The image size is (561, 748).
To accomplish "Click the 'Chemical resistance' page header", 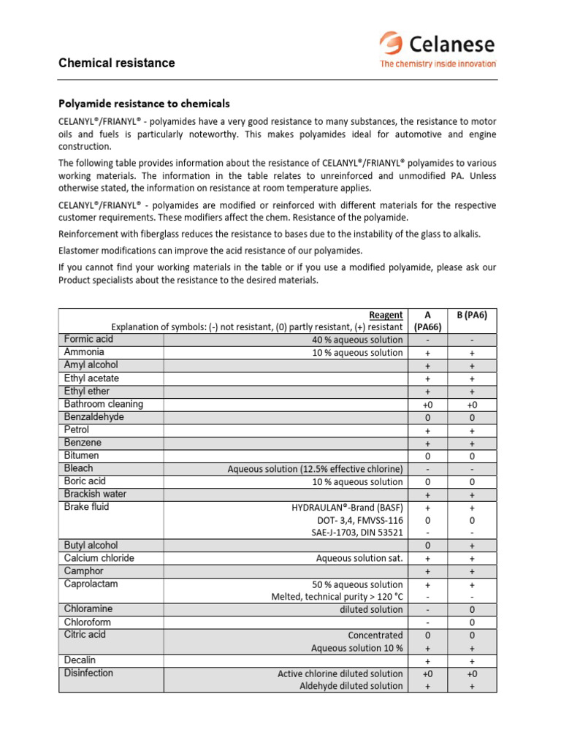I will point(117,63).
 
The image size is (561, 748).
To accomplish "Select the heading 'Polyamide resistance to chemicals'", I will point(144,104).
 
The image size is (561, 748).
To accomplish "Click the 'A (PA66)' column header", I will point(427,321).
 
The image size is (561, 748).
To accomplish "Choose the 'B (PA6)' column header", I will point(472,315).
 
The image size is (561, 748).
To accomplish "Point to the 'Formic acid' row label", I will point(88,340).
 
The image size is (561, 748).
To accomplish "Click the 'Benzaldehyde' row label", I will point(93,417).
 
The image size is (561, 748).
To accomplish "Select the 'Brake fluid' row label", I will point(86,507).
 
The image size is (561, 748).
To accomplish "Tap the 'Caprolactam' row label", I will point(91,584).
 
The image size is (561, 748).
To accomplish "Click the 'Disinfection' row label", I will point(88,673).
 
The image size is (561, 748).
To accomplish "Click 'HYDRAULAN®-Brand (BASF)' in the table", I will point(347,508).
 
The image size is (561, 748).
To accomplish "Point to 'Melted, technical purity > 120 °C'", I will point(337,598).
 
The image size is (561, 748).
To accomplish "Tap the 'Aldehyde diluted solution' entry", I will point(351,686).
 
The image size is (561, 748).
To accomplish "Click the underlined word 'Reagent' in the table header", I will point(387,315).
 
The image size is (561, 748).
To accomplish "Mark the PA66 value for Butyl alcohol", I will point(427,546).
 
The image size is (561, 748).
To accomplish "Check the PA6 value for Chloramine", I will point(472,609).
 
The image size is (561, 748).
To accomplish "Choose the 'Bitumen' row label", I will point(82,455).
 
